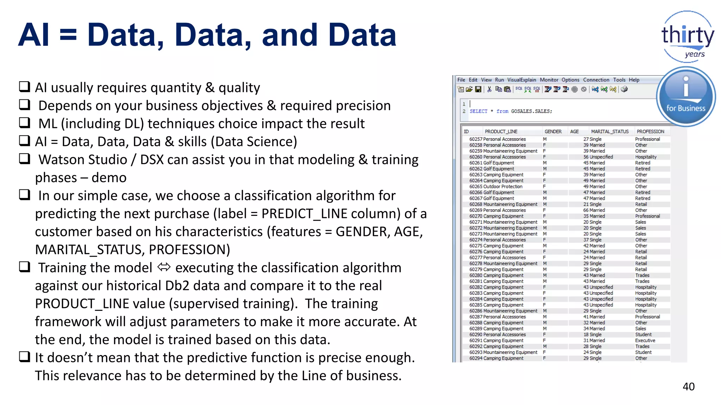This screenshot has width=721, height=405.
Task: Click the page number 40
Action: click(x=688, y=387)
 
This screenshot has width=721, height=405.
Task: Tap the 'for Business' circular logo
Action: click(x=686, y=97)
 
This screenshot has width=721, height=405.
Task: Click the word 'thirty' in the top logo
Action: click(x=688, y=35)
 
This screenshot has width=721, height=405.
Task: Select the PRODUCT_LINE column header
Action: click(x=501, y=131)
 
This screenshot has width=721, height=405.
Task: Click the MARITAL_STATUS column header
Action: click(x=610, y=131)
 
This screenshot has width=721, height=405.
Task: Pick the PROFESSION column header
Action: click(x=650, y=131)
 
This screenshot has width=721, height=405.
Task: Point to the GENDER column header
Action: click(x=553, y=131)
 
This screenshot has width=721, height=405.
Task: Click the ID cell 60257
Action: click(x=476, y=139)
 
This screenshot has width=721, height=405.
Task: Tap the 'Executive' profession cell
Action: click(x=645, y=341)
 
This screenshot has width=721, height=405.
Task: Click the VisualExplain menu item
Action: click(x=521, y=80)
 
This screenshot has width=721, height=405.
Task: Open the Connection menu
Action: click(x=596, y=80)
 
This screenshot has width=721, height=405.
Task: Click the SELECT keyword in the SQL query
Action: click(x=478, y=111)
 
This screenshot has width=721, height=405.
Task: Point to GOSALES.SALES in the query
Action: click(x=531, y=111)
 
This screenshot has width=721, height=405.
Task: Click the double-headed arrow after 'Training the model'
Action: click(x=164, y=268)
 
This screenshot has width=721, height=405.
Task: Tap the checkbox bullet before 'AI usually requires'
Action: click(x=24, y=86)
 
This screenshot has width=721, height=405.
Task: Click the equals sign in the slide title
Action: click(x=68, y=35)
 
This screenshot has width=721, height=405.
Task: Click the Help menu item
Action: click(x=634, y=80)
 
